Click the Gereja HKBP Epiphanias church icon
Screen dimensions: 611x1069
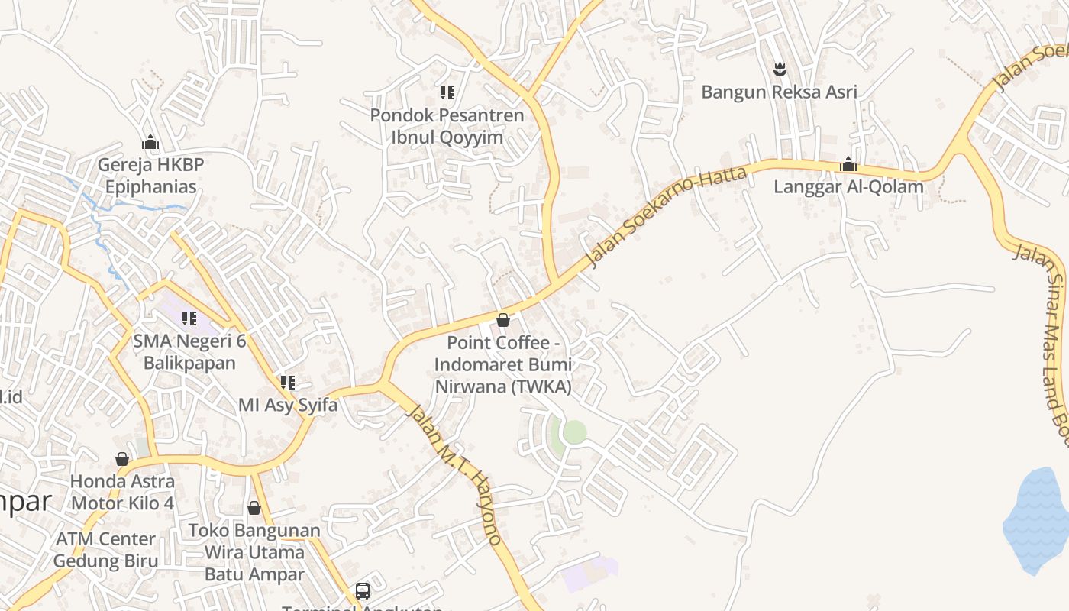(x=150, y=142)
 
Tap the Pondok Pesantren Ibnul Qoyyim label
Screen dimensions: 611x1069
(x=447, y=126)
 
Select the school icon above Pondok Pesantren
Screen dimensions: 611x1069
(x=447, y=93)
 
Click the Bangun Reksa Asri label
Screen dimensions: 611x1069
(x=779, y=92)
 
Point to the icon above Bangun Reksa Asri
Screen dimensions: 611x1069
(x=780, y=70)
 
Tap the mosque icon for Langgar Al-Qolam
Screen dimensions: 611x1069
(x=848, y=164)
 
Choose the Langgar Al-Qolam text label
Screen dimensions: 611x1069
(x=848, y=186)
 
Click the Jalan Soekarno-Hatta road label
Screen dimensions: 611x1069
(x=666, y=216)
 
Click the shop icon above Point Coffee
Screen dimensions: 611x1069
(x=503, y=320)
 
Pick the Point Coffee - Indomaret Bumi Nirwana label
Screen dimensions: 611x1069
(x=503, y=365)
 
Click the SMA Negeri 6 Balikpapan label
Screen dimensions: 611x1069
(x=189, y=351)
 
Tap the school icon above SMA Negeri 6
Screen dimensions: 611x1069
(x=189, y=318)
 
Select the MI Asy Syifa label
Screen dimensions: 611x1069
(x=288, y=405)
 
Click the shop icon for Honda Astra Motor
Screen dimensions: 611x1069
(x=122, y=459)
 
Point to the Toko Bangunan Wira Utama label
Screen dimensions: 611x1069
(x=254, y=551)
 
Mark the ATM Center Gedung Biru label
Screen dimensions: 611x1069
(x=105, y=550)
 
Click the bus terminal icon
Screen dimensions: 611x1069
(x=363, y=590)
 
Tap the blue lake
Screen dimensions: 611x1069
(x=1037, y=519)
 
